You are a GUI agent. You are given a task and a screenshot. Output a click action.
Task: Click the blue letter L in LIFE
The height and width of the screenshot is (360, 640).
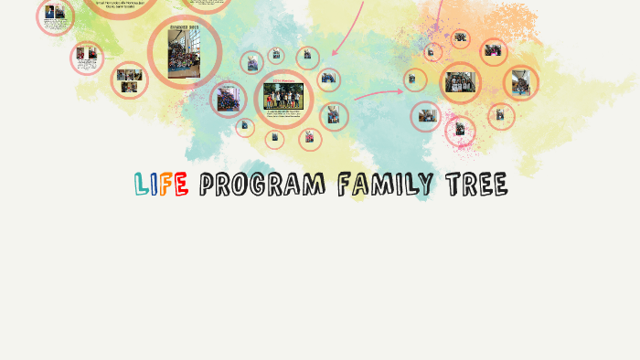142,185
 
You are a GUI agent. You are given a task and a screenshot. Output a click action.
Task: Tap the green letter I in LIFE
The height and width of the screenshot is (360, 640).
155,185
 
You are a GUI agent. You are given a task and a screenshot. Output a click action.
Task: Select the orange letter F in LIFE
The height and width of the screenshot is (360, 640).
167,185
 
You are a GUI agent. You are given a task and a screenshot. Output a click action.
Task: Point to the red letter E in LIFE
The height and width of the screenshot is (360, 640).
181,185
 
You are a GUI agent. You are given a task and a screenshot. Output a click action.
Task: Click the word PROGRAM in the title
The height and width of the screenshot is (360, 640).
261,185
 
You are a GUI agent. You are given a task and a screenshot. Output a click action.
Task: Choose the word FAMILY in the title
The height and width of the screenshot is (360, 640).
385,185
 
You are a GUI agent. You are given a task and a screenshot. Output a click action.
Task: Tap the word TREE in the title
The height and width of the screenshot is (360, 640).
476,185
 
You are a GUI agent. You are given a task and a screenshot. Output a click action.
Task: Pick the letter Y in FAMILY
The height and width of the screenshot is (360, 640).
425,185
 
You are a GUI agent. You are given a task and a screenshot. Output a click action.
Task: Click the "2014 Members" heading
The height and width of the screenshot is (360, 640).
283,79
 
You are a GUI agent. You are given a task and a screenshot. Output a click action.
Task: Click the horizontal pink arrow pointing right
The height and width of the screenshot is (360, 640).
378,92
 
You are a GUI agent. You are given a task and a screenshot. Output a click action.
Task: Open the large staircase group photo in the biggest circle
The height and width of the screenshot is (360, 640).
185,51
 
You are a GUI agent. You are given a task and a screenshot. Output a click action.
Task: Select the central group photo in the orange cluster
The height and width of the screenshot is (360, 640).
460,83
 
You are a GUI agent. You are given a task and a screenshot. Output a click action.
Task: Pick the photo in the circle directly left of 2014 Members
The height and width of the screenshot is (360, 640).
228,100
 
